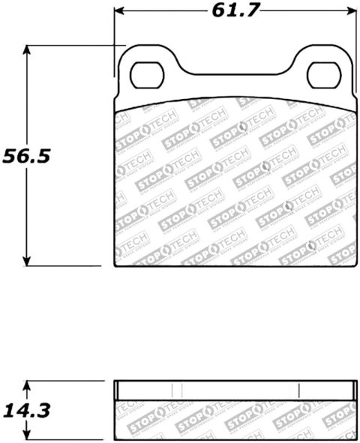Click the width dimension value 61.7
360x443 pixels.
tap(233, 12)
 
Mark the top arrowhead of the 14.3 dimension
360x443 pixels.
tap(27, 385)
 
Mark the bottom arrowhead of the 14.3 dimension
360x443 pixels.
tap(27, 436)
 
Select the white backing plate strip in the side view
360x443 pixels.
tap(235, 391)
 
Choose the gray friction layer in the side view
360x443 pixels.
tap(235, 418)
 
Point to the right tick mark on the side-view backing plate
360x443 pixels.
tap(298, 391)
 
